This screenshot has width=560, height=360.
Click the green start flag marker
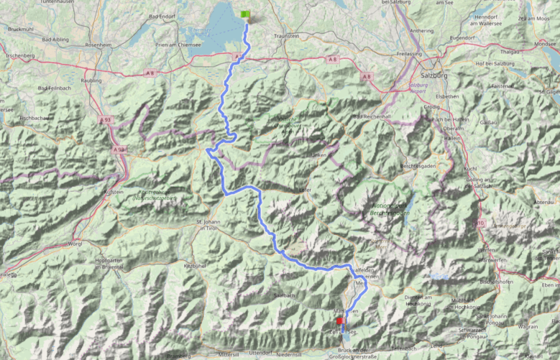click(x=245, y=14)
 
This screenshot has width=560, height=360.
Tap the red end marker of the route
click(x=339, y=320)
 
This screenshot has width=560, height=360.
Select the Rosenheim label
click(x=98, y=45)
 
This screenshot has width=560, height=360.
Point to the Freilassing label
click(x=409, y=54)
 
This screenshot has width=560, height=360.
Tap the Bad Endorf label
click(x=162, y=15)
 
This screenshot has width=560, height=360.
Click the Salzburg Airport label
click(x=418, y=88)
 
